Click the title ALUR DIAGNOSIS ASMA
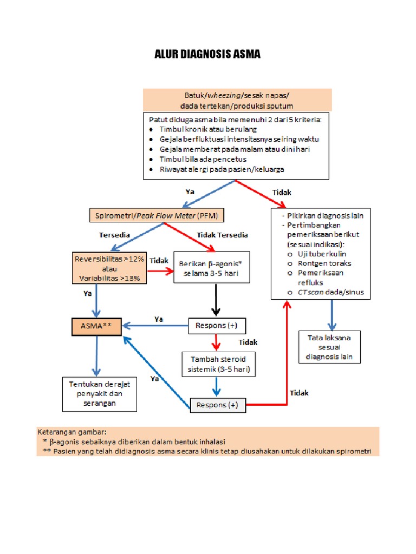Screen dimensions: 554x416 pyautogui.click(x=208, y=54)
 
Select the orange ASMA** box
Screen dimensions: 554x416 pyautogui.click(x=96, y=326)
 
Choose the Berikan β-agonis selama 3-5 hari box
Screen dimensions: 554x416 pyautogui.click(x=211, y=268)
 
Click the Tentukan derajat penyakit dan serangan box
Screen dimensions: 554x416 pyautogui.click(x=100, y=393)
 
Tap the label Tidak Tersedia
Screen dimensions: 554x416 pyautogui.click(x=222, y=235)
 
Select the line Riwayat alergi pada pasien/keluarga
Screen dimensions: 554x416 pyautogui.click(x=222, y=169)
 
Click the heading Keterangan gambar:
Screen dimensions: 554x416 pyautogui.click(x=72, y=432)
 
